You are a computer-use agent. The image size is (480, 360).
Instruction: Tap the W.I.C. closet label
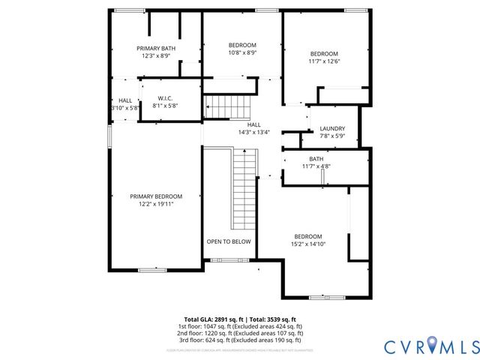click(x=166, y=99)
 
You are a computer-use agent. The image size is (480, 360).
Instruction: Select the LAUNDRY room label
click(x=331, y=128)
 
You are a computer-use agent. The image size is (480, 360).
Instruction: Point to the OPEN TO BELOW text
click(x=229, y=241)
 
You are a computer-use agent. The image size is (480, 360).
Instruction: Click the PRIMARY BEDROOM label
click(x=156, y=196)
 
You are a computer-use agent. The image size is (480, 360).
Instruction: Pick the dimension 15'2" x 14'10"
click(x=307, y=244)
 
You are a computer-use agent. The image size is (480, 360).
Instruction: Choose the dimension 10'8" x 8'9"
click(x=242, y=53)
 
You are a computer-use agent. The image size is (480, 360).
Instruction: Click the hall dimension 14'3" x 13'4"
click(x=254, y=133)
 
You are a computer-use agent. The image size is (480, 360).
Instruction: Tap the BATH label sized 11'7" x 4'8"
click(x=316, y=158)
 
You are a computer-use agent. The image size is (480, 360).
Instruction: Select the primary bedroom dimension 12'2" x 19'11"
click(x=156, y=204)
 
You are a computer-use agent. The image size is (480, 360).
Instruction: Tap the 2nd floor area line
click(x=240, y=333)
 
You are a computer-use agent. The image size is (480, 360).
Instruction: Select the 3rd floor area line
click(x=240, y=340)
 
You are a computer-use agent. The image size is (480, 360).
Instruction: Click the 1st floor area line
click(x=240, y=326)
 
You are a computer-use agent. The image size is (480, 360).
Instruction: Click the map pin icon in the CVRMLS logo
click(x=430, y=345)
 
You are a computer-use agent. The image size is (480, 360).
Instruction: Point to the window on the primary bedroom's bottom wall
click(x=152, y=268)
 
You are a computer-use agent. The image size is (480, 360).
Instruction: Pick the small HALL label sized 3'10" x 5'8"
click(x=125, y=104)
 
